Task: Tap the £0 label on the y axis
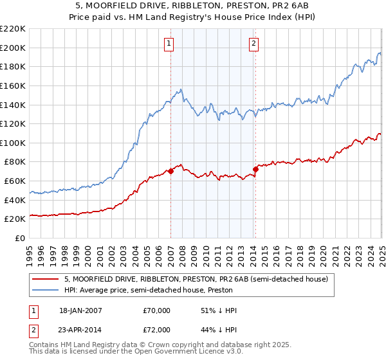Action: coord(21,238)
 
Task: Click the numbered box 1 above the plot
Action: coord(169,44)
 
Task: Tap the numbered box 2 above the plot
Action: coord(254,44)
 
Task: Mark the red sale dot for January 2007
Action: coord(171,171)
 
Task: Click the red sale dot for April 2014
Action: coord(255,169)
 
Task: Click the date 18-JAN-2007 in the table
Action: coord(80,311)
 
